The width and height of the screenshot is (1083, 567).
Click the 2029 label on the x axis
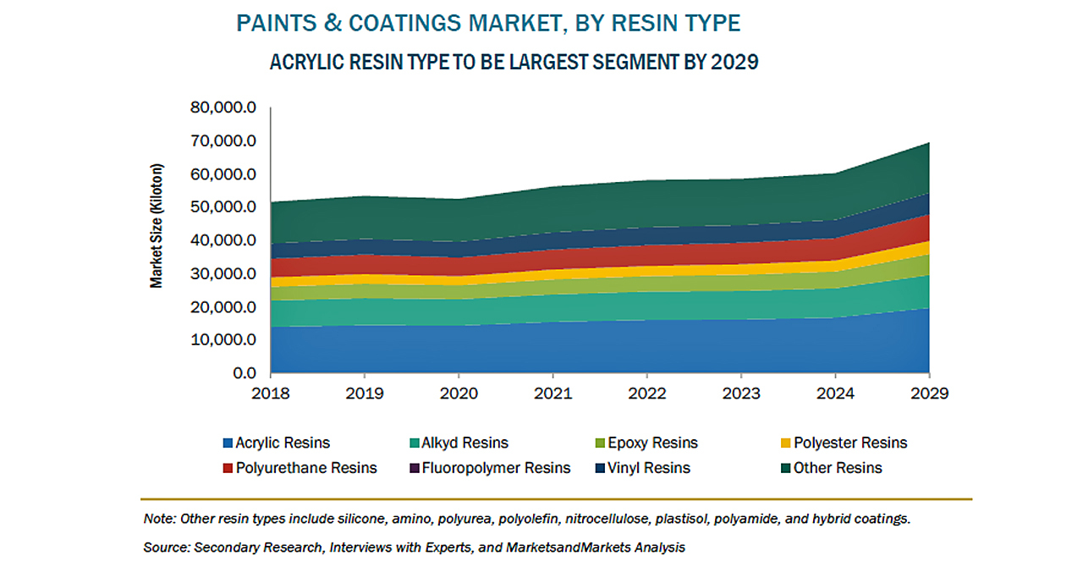click(929, 394)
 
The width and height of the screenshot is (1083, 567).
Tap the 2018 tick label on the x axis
click(270, 394)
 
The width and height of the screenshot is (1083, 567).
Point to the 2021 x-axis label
click(552, 394)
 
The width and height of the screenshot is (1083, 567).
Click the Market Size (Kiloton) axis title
click(157, 225)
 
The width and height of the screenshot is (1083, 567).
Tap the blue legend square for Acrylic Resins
click(227, 443)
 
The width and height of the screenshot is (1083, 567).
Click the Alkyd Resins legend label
click(466, 443)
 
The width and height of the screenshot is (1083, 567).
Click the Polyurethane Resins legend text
click(306, 468)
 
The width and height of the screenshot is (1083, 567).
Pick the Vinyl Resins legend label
click(650, 468)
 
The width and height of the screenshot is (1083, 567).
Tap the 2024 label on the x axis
click(835, 394)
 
